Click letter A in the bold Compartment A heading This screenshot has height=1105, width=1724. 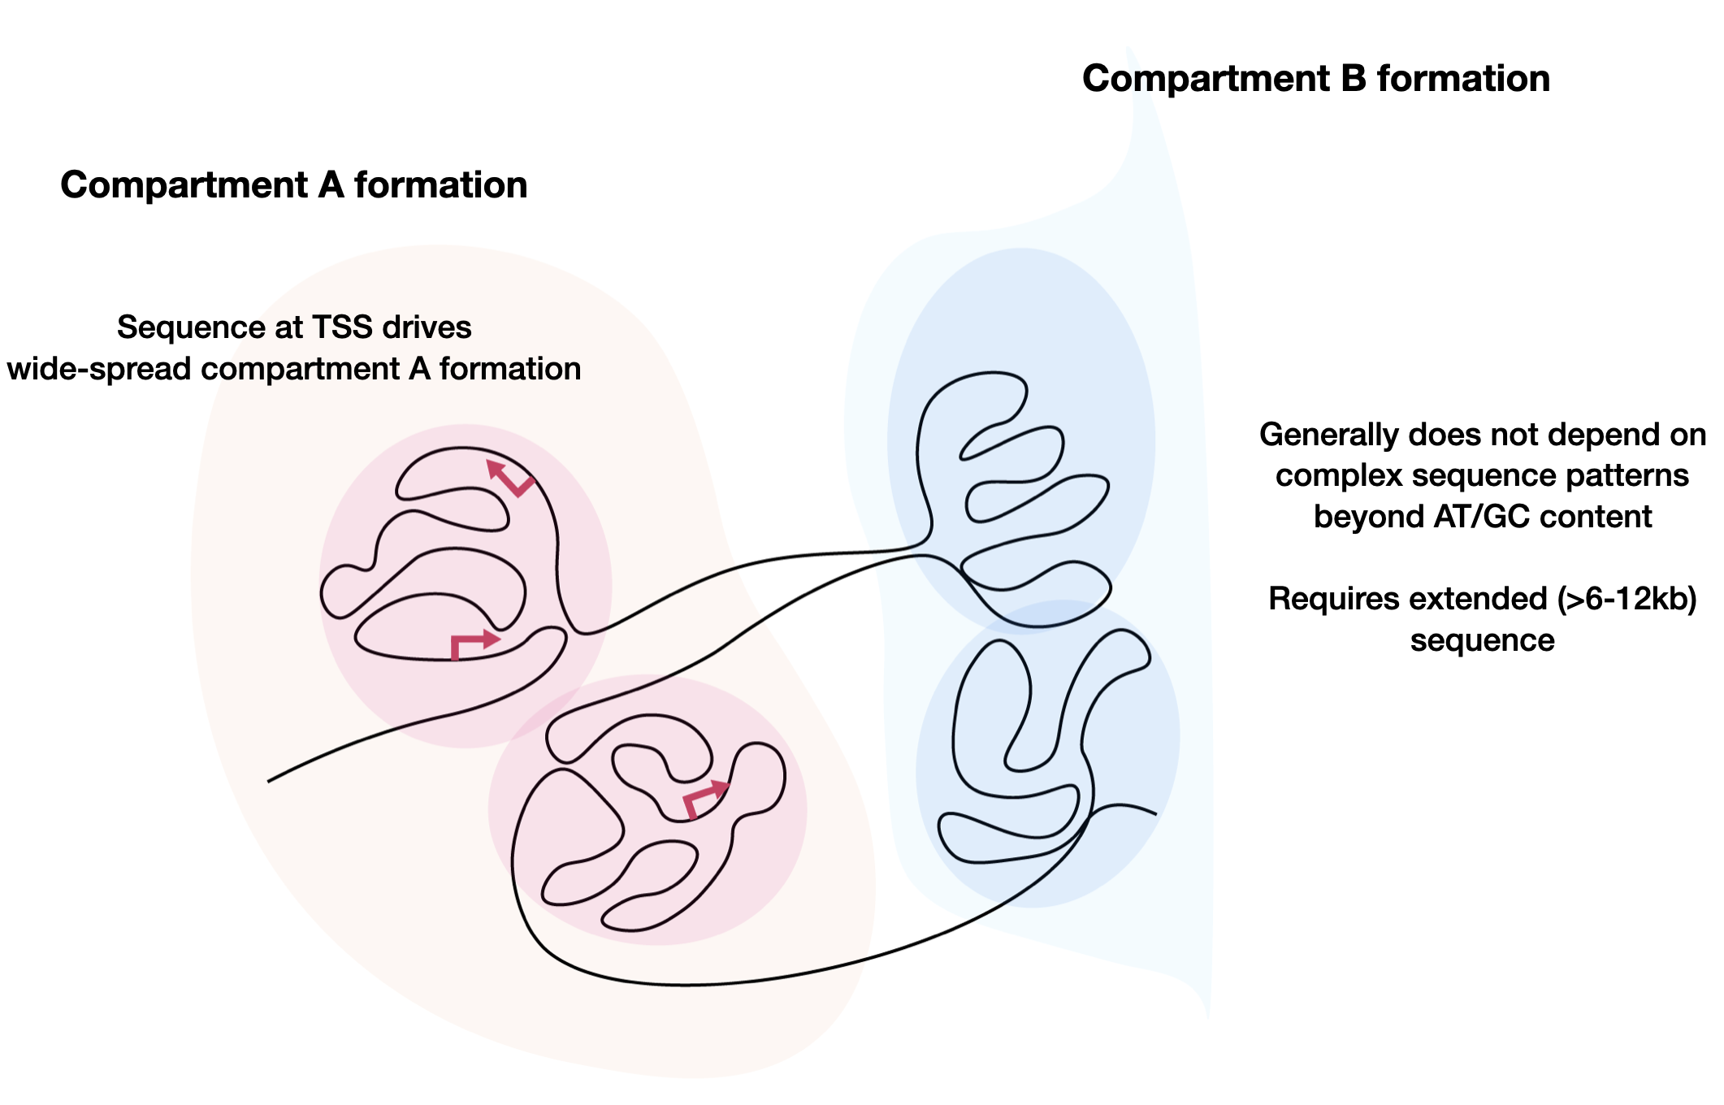tap(331, 185)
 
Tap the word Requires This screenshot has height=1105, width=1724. tap(1326, 600)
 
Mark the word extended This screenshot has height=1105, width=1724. tap(1470, 600)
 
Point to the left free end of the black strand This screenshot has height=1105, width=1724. tap(269, 782)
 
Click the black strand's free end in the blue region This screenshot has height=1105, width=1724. tap(1155, 813)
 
